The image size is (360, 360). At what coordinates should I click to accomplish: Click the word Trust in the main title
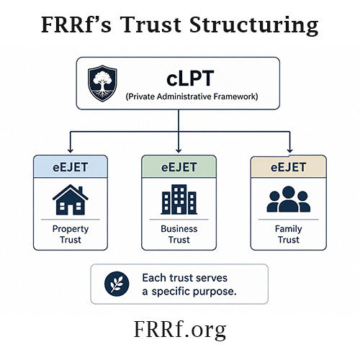pyautogui.click(x=152, y=24)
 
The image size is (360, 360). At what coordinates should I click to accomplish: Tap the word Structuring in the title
pyautogui.click(x=254, y=26)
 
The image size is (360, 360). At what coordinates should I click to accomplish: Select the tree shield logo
pyautogui.click(x=102, y=83)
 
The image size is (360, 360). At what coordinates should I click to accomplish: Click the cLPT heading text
pyautogui.click(x=190, y=78)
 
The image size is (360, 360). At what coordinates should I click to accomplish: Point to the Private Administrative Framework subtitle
pyautogui.click(x=192, y=96)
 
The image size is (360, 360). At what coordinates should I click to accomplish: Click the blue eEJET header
pyautogui.click(x=71, y=167)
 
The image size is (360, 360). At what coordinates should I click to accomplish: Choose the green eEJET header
pyautogui.click(x=179, y=167)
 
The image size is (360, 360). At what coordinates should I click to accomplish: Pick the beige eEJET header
pyautogui.click(x=288, y=167)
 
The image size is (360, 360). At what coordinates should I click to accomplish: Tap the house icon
pyautogui.click(x=71, y=199)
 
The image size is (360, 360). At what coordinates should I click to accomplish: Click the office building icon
pyautogui.click(x=179, y=199)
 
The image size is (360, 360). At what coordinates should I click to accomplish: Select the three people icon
pyautogui.click(x=289, y=199)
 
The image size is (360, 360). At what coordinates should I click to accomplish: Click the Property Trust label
pyautogui.click(x=71, y=234)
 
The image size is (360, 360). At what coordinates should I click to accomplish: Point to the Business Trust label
pyautogui.click(x=179, y=234)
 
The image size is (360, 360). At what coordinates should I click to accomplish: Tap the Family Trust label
pyautogui.click(x=289, y=234)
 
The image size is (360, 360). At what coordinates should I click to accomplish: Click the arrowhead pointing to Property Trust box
pyautogui.click(x=70, y=150)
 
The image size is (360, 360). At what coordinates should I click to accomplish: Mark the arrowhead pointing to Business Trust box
pyautogui.click(x=179, y=150)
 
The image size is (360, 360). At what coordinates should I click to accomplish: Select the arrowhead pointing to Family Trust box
pyautogui.click(x=289, y=150)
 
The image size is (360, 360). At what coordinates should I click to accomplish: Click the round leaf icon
pyautogui.click(x=117, y=284)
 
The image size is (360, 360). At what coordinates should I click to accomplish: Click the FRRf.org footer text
pyautogui.click(x=180, y=330)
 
